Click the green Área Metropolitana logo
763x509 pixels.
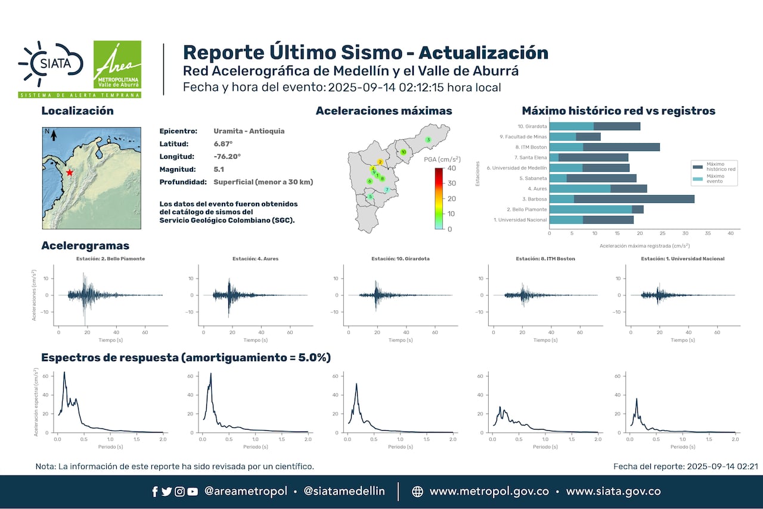(117, 65)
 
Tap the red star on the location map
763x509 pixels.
(70, 172)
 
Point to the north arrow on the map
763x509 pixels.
(53, 135)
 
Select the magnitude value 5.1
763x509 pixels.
(219, 169)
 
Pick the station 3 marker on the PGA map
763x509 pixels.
(428, 140)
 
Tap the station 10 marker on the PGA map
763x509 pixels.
(404, 152)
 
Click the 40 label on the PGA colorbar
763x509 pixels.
(452, 168)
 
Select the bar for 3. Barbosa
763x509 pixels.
(621, 199)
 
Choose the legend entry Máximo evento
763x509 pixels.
(715, 178)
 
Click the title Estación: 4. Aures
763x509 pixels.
(255, 259)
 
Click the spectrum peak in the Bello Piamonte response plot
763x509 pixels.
(64, 372)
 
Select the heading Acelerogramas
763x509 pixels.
(85, 246)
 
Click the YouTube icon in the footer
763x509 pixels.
(193, 492)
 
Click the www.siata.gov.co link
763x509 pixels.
(613, 492)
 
